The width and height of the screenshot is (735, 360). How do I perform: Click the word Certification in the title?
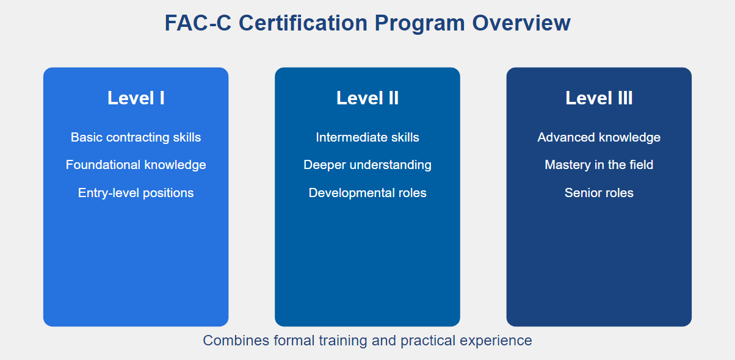[x=303, y=23]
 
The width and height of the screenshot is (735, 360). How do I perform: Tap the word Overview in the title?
[x=521, y=23]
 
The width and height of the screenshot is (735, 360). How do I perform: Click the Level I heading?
[x=136, y=98]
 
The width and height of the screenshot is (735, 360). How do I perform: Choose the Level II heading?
[x=367, y=98]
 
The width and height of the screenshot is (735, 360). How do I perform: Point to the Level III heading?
[x=599, y=98]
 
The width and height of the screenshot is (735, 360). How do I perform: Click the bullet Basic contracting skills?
[x=136, y=137]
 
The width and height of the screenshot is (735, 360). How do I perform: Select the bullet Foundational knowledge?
[x=136, y=165]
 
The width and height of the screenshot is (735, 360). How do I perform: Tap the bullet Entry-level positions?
[x=136, y=193]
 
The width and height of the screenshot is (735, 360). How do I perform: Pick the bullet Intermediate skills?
[x=367, y=137]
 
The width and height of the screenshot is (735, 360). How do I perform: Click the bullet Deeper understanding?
[x=367, y=165]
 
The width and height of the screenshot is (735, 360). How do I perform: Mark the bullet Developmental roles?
[x=367, y=193]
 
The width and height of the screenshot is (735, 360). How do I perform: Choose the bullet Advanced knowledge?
[x=599, y=137]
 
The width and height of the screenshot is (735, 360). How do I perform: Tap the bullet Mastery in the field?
[x=599, y=165]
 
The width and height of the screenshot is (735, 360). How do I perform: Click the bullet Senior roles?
[x=599, y=193]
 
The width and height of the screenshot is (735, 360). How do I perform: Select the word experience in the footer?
[x=496, y=340]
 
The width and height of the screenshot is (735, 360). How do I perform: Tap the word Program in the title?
[x=419, y=24]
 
